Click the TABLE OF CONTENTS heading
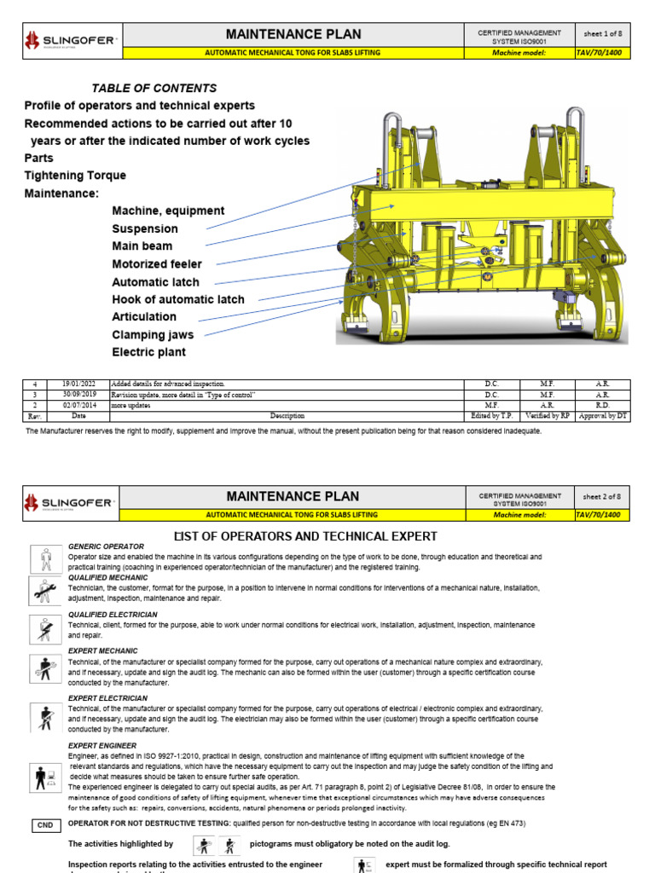point(154,88)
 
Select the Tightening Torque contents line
point(75,176)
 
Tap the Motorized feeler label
point(157,264)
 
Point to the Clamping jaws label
point(153,335)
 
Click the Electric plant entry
point(148,352)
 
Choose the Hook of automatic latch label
point(177,299)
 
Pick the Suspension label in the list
point(145,228)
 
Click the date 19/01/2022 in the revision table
point(78,384)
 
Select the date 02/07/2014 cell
point(78,406)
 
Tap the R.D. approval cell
point(603,406)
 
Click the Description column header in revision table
point(287,416)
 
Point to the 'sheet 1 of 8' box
point(604,34)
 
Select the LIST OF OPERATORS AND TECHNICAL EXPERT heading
point(305,536)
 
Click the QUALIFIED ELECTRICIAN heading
point(113,614)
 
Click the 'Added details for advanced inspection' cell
point(167,384)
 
